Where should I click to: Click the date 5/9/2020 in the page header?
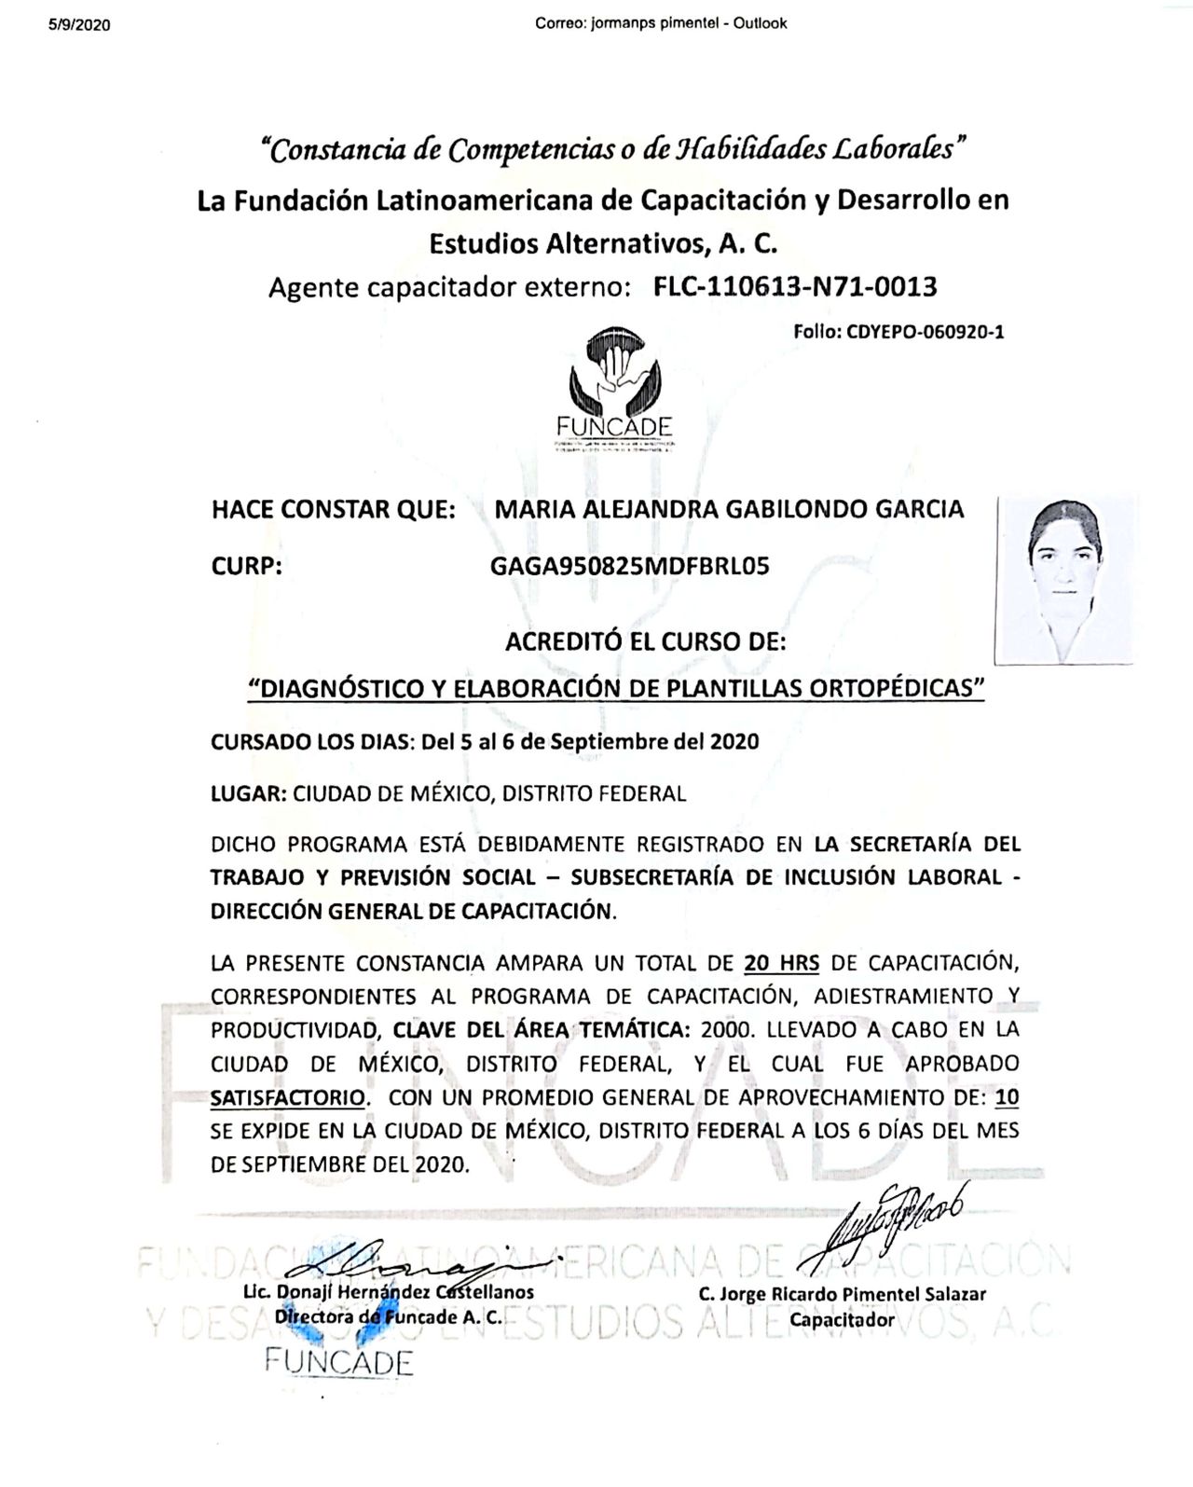point(79,25)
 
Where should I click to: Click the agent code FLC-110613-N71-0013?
point(795,287)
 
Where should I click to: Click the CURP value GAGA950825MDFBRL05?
point(629,566)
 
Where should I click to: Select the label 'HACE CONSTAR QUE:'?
point(334,510)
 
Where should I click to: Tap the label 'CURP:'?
point(247,566)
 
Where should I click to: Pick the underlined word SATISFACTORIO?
point(287,1097)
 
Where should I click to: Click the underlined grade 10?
point(1007,1097)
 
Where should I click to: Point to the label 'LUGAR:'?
point(248,794)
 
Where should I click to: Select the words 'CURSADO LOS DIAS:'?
point(312,742)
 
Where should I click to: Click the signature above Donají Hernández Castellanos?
point(401,1263)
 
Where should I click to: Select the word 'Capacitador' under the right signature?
point(842,1319)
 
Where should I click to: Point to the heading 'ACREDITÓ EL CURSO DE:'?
point(645,642)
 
